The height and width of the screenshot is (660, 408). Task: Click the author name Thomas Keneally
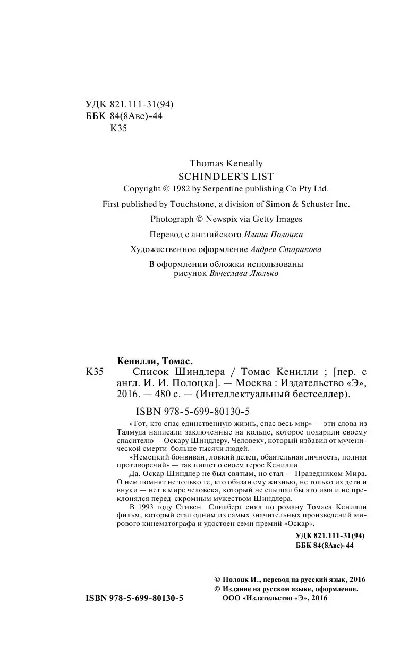coord(226,164)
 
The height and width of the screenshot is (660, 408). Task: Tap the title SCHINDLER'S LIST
coord(225,176)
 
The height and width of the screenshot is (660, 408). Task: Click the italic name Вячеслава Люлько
coord(244,273)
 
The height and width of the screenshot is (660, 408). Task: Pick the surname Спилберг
coord(217,507)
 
